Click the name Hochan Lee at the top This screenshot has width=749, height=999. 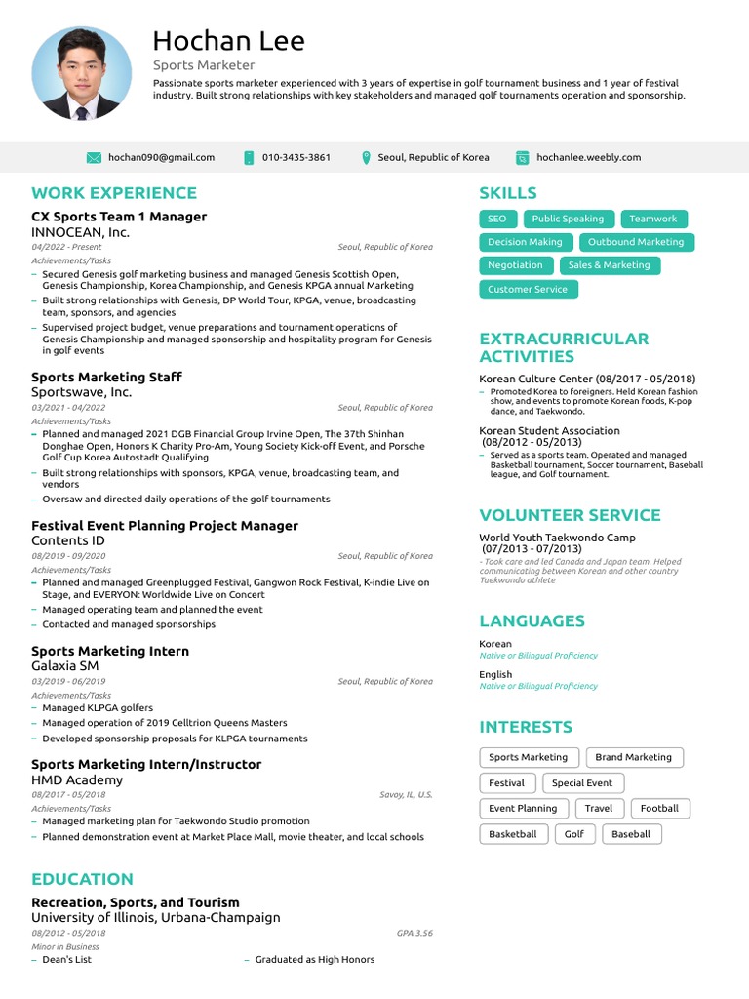228,41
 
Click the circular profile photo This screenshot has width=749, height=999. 81,73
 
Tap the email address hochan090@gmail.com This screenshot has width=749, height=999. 161,157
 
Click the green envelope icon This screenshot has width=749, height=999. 94,157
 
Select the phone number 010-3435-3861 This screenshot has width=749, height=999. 296,157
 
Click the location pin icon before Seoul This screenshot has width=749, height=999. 366,157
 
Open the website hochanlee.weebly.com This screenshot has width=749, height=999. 588,157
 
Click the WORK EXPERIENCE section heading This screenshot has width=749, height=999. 114,193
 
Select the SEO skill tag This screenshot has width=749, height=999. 496,219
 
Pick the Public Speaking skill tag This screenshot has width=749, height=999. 568,219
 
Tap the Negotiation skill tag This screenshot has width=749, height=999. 515,265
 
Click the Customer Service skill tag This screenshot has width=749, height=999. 527,289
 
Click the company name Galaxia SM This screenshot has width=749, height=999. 65,666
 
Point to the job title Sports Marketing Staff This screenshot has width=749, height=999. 106,377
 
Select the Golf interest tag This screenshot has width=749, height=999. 574,834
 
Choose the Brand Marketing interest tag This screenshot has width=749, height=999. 633,757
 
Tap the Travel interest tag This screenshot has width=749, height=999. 599,809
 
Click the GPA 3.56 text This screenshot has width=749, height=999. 414,933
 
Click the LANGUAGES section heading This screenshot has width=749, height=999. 532,621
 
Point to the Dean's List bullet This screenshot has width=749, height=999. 66,960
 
